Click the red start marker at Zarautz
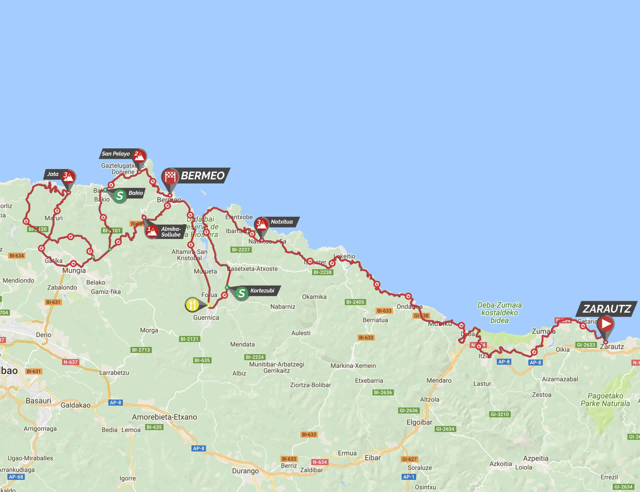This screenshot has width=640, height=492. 605,324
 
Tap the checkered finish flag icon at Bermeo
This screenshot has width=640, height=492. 170,176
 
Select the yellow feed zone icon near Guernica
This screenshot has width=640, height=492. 192,304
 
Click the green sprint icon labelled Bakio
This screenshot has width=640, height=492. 120,195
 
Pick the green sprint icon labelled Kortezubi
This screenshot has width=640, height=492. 242,293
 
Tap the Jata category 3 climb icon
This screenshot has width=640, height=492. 69,176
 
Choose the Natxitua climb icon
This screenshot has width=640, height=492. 261,224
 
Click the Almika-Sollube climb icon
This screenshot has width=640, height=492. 152,231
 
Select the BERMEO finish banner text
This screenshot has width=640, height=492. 203,176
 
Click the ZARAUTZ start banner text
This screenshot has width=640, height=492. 607,309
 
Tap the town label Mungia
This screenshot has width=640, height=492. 74,270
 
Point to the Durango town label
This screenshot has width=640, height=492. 245,471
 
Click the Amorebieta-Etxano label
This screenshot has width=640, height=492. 164,417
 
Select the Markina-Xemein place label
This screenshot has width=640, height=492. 353,366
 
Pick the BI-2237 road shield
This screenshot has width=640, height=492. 241,250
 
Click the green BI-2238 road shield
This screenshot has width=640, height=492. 322,272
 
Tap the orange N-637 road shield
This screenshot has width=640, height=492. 70,362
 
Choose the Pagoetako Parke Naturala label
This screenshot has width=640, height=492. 605,400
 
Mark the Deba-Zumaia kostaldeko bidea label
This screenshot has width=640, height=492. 499,313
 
